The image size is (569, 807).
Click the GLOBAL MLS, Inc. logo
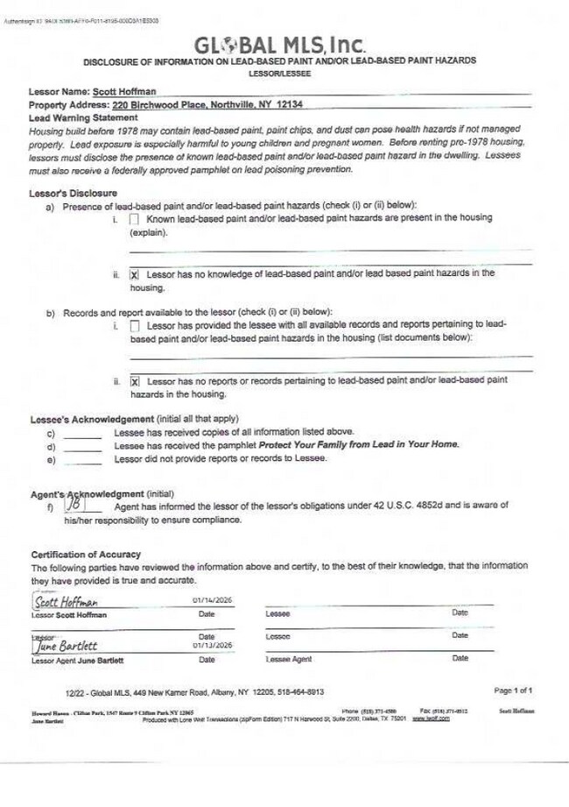point(280,45)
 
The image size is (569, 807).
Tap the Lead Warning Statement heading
point(83,117)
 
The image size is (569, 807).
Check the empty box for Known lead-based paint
point(134,218)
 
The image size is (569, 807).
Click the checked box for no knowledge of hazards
point(134,274)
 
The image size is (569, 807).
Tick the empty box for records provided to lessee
point(134,325)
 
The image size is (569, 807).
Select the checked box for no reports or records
point(134,382)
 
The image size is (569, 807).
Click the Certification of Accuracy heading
point(86,555)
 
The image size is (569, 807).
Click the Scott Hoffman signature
point(67,602)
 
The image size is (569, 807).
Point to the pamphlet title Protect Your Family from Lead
point(359,445)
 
